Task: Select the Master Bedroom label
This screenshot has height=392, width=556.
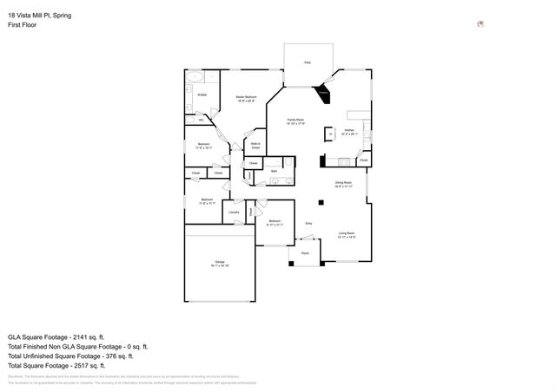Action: point(246,98)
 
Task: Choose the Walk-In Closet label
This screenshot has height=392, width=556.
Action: point(256,145)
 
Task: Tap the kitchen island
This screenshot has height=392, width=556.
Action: point(329,134)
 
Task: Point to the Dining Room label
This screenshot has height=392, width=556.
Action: point(343,184)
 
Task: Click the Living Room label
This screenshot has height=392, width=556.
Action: point(347,235)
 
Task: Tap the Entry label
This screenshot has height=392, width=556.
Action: point(308,224)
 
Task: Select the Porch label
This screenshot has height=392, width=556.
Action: point(304,253)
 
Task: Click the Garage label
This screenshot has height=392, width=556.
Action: point(220,264)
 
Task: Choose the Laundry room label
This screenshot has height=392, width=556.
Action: point(234,212)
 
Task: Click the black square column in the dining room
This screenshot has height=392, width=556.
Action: point(321,202)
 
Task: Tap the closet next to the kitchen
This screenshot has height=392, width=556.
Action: point(364,160)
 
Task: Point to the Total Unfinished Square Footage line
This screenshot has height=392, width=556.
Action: point(70,356)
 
